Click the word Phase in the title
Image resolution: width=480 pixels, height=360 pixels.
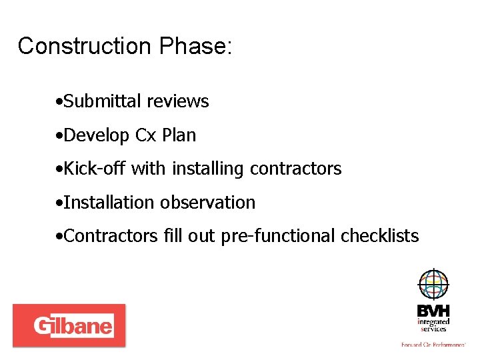pos(193,46)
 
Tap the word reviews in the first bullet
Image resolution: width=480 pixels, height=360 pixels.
pos(178,101)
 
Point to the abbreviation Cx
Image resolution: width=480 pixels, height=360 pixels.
pos(145,135)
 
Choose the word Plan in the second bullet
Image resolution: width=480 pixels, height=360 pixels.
pos(179,135)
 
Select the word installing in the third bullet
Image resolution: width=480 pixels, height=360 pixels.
pos(209,169)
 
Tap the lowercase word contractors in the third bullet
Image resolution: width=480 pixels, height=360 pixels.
pos(296,169)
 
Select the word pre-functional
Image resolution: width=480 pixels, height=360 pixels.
pos(280,236)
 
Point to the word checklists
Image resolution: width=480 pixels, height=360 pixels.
pos(380,236)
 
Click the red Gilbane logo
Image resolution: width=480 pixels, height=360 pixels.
pos(69,325)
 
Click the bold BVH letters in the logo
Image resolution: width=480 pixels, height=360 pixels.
pos(433,311)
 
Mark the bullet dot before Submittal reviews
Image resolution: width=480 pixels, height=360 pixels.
pos(60,102)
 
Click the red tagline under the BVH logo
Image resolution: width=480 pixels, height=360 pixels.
pos(433,344)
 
